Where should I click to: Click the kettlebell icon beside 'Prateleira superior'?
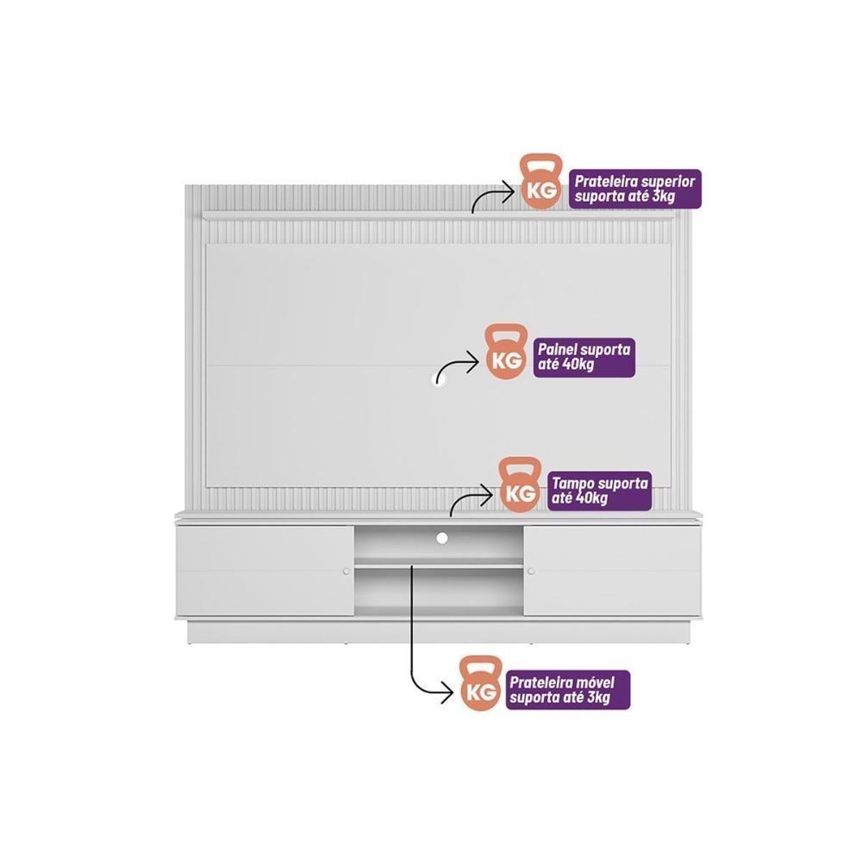pos(541,182)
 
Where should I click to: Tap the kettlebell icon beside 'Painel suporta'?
pos(506,352)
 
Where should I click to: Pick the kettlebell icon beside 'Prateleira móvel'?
pos(481,684)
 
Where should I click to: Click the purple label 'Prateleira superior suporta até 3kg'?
pos(635,189)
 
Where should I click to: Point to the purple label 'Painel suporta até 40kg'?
pos(584,358)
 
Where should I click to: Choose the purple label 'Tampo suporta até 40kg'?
pos(599,491)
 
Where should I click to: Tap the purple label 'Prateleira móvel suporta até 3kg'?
pos(568,690)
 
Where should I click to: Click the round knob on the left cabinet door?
pos(347,572)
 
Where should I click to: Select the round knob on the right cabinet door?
pos(530,572)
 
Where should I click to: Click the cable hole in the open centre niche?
pos(442,538)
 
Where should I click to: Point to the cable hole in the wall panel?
pos(439,383)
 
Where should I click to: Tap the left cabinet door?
pos(265,572)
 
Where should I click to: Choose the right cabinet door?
pos(612,572)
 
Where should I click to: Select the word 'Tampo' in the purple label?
pos(573,484)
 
